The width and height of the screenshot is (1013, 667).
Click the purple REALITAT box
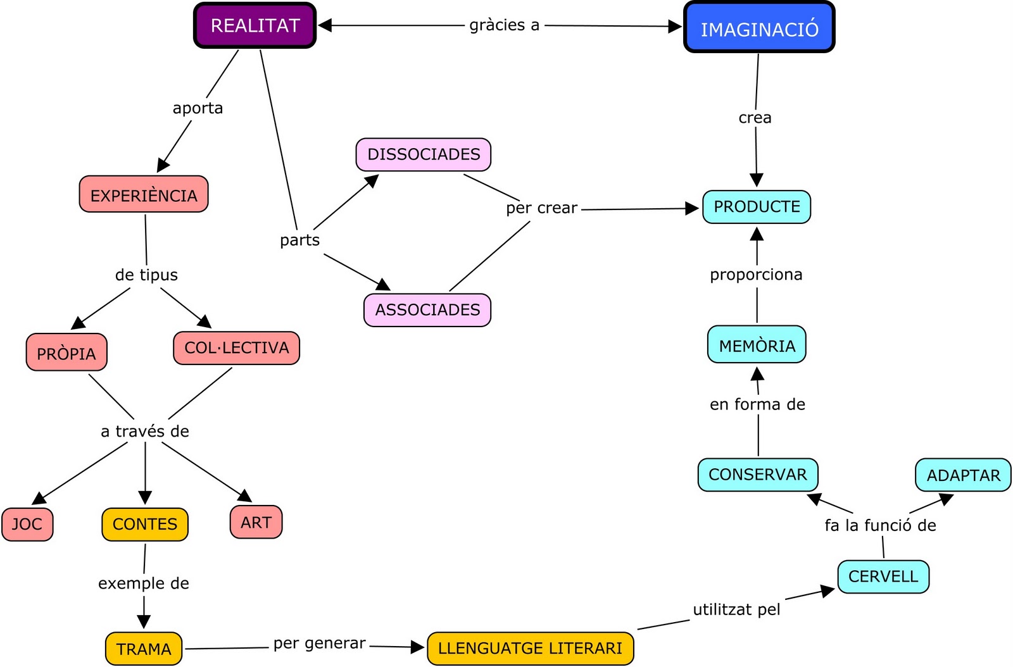(255, 26)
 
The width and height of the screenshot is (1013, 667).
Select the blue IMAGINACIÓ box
(759, 28)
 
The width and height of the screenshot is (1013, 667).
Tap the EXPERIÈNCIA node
(144, 195)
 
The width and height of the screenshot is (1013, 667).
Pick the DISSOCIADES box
(424, 154)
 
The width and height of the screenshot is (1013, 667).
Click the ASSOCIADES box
(427, 310)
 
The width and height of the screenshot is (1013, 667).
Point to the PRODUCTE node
(757, 207)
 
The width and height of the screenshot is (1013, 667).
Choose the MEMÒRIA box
(757, 345)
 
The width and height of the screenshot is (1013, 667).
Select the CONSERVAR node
(758, 475)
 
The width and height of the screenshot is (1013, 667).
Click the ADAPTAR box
(963, 475)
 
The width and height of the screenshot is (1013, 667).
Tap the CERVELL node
(883, 577)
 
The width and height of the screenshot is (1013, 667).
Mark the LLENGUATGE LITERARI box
(531, 649)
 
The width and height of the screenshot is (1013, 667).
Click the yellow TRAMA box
(144, 649)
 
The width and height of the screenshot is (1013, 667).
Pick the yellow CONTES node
(145, 525)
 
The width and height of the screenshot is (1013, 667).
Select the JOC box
(27, 525)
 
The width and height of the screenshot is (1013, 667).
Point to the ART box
(256, 523)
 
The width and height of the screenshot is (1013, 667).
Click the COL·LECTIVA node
(236, 348)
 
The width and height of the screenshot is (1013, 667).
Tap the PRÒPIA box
(66, 352)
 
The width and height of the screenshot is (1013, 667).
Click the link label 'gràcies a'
(505, 25)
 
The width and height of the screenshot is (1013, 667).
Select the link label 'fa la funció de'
(880, 525)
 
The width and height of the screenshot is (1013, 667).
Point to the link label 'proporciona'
(756, 275)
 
